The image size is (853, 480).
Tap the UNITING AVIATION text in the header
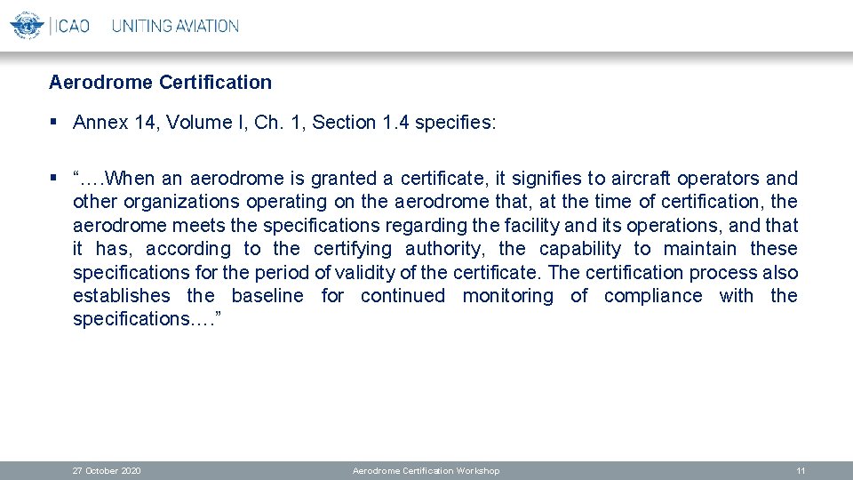click(x=175, y=26)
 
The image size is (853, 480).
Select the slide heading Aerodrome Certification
click(x=160, y=83)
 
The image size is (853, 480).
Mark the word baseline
click(x=267, y=296)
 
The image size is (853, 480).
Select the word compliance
click(x=653, y=296)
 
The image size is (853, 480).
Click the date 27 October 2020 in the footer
click(x=107, y=471)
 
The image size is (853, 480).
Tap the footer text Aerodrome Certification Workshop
click(x=426, y=471)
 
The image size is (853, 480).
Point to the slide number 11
click(x=801, y=471)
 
